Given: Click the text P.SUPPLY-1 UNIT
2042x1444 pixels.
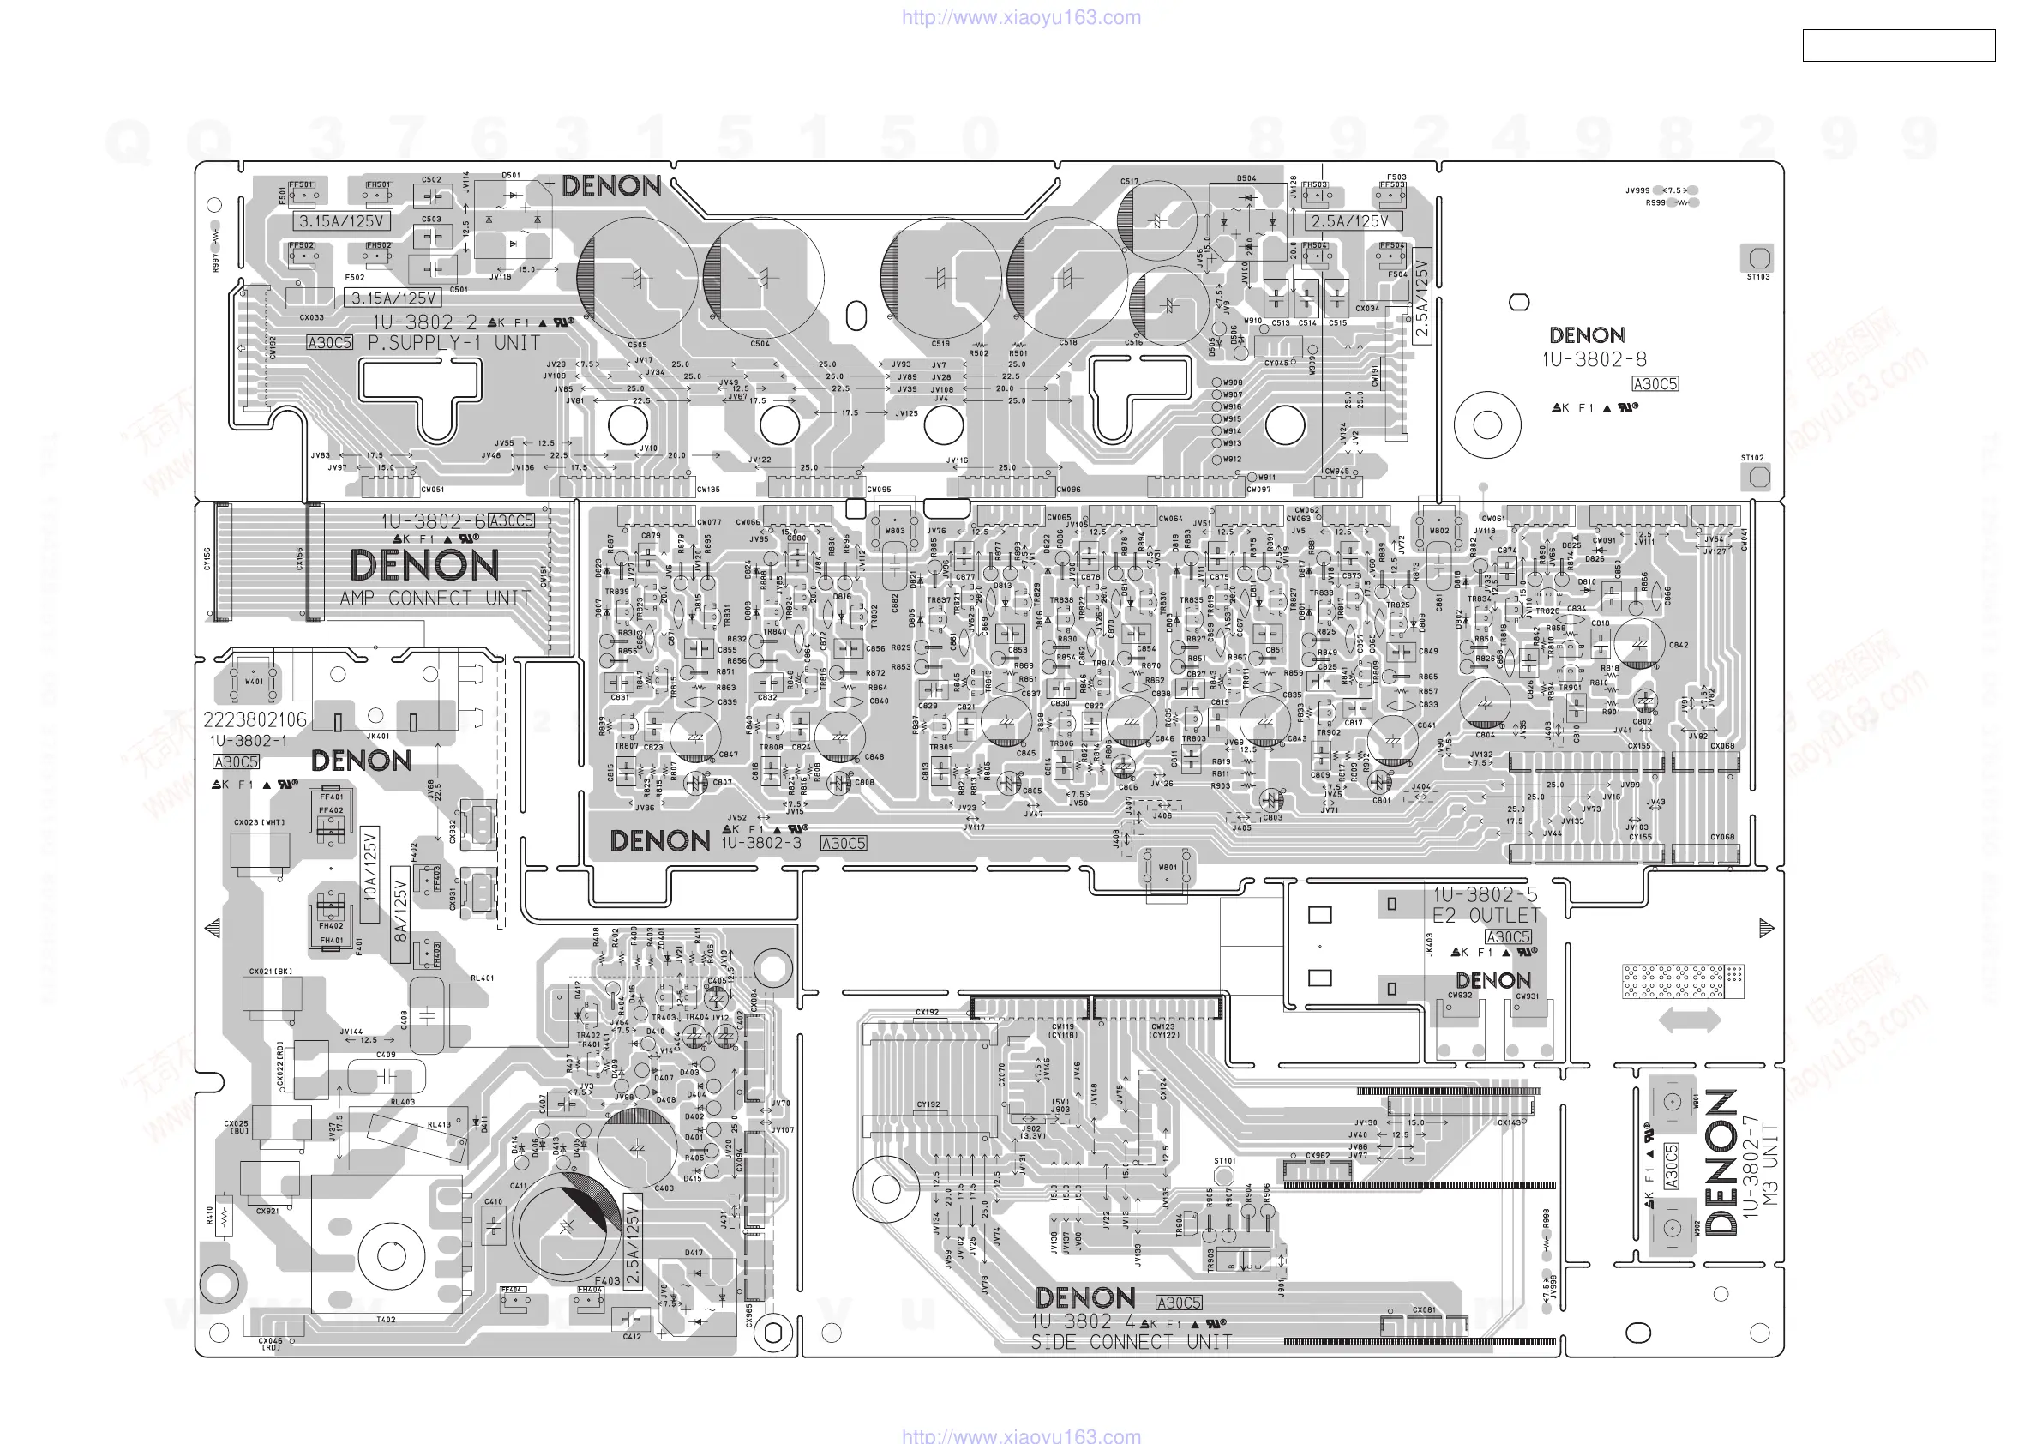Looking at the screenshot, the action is (453, 344).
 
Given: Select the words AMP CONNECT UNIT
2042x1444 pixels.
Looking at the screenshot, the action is (435, 599).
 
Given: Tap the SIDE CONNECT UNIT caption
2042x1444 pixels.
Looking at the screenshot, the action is (1132, 1342).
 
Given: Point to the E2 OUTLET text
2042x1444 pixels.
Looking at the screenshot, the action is (1486, 916).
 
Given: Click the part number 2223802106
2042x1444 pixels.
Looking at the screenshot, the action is (255, 719).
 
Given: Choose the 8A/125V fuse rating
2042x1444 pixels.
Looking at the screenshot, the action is (401, 912).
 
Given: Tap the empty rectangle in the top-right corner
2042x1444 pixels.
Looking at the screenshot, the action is (1898, 45).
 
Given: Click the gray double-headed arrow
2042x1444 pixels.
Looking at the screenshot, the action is (1689, 1020).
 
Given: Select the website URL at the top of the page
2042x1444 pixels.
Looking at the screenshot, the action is (1021, 17).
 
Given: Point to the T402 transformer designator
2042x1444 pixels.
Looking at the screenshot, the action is (386, 1320).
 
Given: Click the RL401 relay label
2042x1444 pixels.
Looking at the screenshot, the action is (482, 978).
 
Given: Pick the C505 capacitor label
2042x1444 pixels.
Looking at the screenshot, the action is (637, 345).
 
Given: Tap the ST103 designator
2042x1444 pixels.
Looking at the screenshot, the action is (1757, 277).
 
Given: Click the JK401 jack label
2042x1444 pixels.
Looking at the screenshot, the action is (378, 736).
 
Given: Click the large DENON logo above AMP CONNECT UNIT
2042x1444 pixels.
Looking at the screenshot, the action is (423, 566).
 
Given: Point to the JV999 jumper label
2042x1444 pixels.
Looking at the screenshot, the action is (1637, 190).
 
